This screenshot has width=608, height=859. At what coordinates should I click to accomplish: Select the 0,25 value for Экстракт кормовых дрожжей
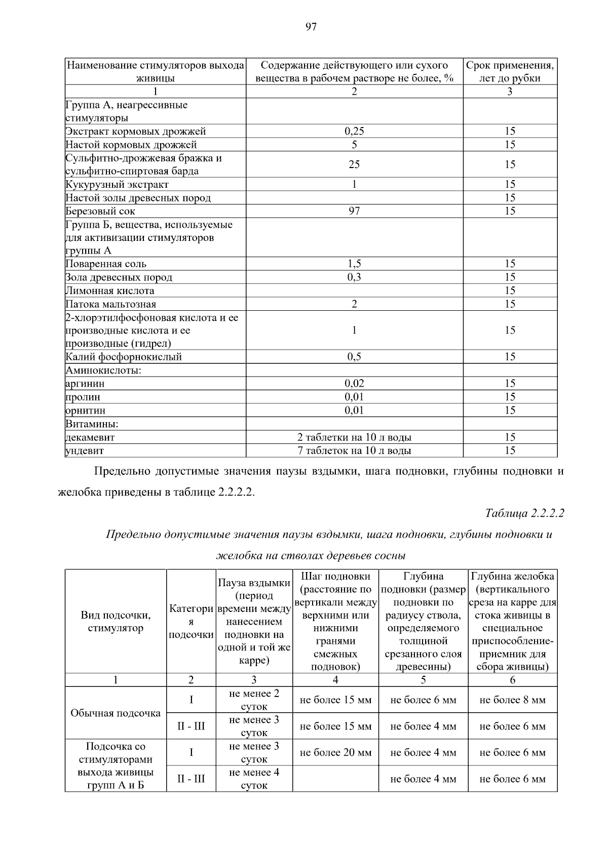coord(354,131)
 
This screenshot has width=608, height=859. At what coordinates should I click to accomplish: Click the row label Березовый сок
coord(100,211)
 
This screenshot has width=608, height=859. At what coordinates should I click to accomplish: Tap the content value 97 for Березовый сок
coord(354,211)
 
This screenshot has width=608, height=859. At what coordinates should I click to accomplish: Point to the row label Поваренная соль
coord(106,264)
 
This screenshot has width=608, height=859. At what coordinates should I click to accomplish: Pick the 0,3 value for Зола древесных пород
coord(354,277)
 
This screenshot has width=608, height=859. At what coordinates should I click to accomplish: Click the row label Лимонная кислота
coord(110,291)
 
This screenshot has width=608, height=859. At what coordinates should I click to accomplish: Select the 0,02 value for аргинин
coord(354,384)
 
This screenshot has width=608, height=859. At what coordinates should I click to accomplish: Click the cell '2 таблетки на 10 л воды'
coord(354,437)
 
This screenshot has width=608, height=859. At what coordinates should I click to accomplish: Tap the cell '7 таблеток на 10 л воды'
coord(354,451)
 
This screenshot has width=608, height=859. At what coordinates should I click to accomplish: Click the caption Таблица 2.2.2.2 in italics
coord(524,513)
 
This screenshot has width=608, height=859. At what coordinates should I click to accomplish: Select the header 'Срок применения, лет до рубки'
coord(510,71)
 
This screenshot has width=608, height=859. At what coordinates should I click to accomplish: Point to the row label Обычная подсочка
coord(116,713)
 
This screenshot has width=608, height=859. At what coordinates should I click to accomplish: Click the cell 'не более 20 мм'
coord(335,753)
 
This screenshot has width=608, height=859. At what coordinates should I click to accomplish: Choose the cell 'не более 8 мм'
coord(512,700)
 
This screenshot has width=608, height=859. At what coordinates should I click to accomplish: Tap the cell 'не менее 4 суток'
coord(254,779)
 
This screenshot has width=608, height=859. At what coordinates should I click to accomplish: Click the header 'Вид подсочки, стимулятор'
coord(116,622)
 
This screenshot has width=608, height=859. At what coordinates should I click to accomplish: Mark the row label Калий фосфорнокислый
coord(124,357)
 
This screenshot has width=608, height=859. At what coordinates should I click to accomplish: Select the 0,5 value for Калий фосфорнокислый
coord(354,357)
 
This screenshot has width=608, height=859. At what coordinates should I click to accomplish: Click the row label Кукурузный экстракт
coord(117,185)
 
